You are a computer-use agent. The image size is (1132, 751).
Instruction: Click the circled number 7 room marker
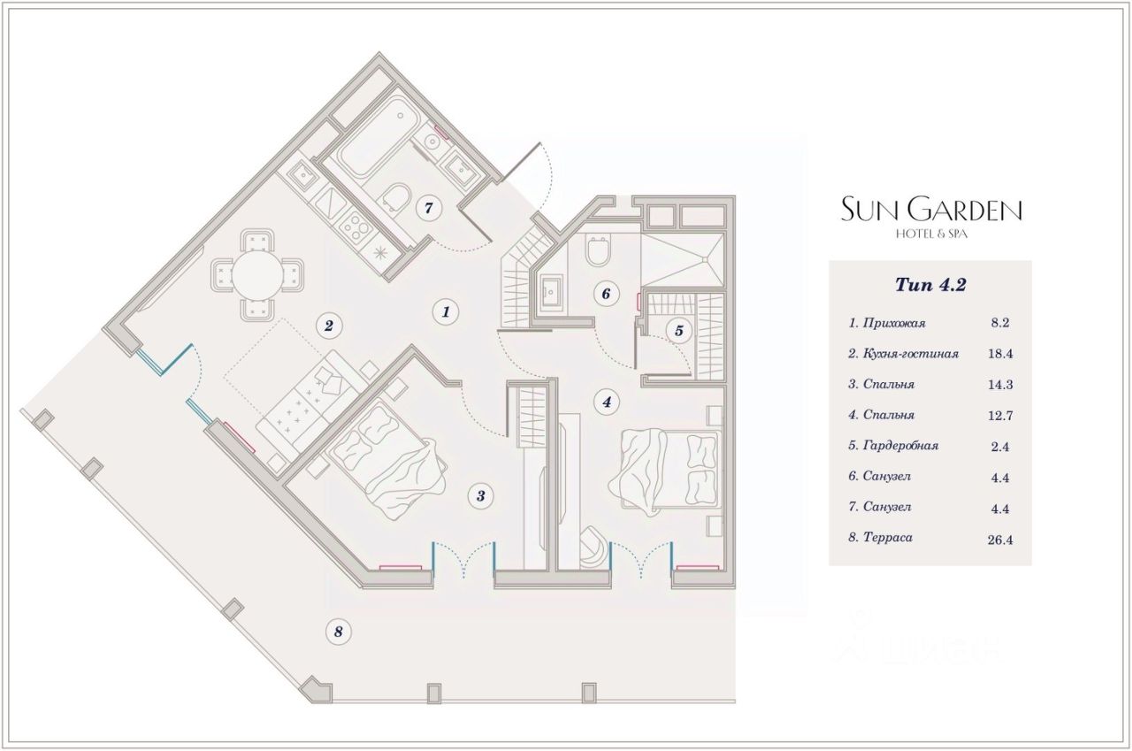[x=429, y=208]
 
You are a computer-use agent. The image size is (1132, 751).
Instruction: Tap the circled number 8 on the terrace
[x=338, y=632]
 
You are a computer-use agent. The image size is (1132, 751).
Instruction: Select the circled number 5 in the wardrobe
[x=678, y=331]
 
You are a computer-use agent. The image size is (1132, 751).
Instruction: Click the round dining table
[x=257, y=275]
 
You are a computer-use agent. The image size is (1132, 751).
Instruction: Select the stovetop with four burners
[x=356, y=230]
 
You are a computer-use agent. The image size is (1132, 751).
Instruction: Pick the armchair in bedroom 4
[x=595, y=548]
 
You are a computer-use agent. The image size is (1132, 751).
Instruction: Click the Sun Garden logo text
[x=931, y=210]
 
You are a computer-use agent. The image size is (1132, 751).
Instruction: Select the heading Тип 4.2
[x=930, y=285]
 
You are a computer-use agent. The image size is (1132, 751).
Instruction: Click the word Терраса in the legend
[x=887, y=537]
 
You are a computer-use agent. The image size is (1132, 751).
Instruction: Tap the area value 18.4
[x=1000, y=354]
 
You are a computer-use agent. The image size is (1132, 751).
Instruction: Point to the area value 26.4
[x=1000, y=540]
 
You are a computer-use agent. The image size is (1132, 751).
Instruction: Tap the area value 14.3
[x=1000, y=385]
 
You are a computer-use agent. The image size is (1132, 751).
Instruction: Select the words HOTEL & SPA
[x=931, y=234]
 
